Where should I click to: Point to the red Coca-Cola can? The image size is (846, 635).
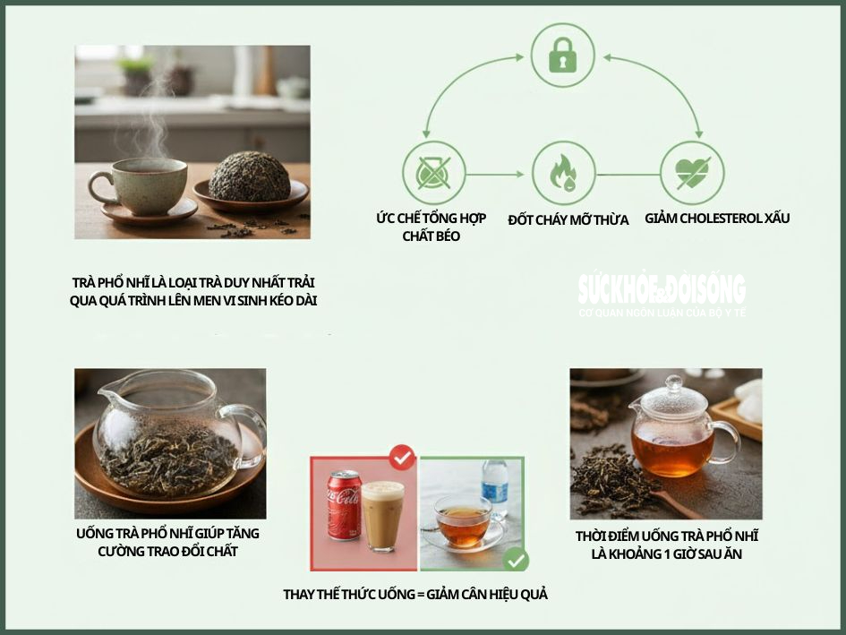[x=344, y=505]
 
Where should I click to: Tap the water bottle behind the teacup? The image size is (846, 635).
[x=493, y=492]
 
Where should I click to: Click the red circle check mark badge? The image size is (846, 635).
[x=401, y=459]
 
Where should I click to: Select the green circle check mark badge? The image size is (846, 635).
[x=515, y=561]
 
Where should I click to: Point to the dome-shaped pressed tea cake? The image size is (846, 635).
[x=250, y=176]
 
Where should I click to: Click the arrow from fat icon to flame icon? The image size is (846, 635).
[x=497, y=174]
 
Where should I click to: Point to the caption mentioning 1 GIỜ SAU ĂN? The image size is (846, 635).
[x=666, y=545]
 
